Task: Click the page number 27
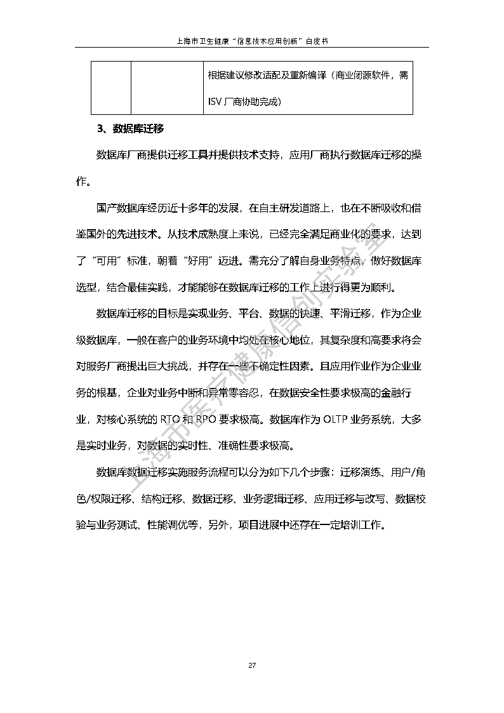tap(251, 665)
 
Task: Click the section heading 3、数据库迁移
tap(130, 130)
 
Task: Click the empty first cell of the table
tap(110, 88)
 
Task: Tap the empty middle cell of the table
tap(167, 88)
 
